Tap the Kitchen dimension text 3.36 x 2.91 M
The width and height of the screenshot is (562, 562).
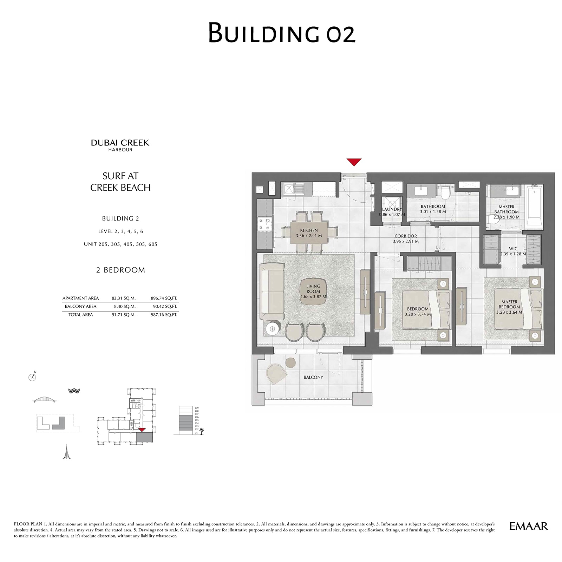pos(309,236)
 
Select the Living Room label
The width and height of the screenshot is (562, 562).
pos(313,289)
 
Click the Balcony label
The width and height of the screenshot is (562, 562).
pos(313,377)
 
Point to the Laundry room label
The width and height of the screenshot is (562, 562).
pos(392,209)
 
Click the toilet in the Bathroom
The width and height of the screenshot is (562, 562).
pos(445,192)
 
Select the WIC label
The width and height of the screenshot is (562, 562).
pos(513,249)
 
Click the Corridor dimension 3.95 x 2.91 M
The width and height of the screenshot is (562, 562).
pos(406,242)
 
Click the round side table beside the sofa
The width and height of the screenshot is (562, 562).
pos(273,329)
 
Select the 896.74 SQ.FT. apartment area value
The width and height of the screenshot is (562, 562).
pos(164,298)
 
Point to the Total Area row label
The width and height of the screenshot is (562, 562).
pos(80,315)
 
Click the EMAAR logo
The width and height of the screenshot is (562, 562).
pos(528,526)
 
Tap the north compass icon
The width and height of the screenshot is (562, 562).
pos(32,377)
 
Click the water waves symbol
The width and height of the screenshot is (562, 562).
pos(74,391)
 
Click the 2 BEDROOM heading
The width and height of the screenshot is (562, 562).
pos(120,270)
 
